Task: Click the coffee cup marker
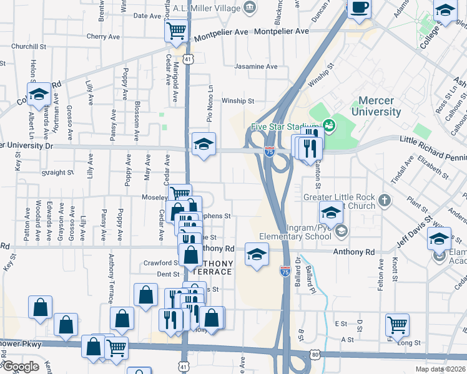[x=358, y=8]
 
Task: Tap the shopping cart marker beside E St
[x=397, y=324]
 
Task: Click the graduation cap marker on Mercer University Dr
[x=204, y=145]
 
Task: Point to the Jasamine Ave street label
[x=255, y=67]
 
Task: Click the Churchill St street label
[x=29, y=47]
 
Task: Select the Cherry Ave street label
[x=103, y=37]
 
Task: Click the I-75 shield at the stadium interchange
[x=269, y=151]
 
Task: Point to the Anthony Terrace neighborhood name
[x=214, y=268]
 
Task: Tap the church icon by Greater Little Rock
[x=385, y=201]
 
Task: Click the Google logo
[x=20, y=367]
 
